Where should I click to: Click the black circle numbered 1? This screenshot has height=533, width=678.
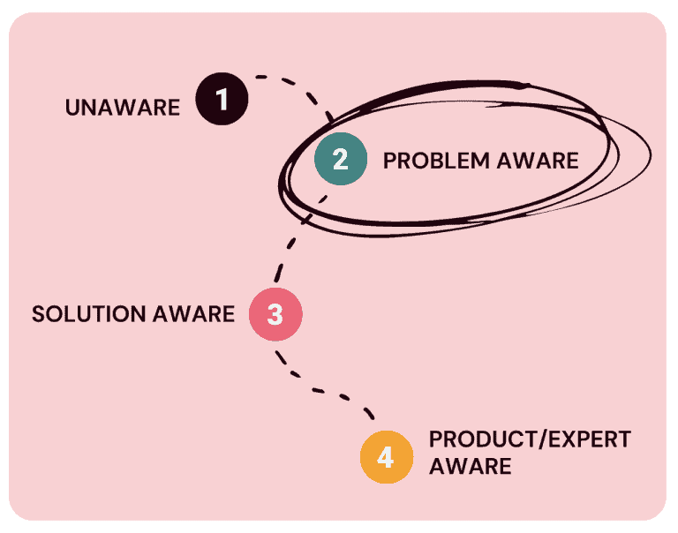coord(222,99)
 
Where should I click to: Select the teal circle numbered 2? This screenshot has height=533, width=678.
coord(341,159)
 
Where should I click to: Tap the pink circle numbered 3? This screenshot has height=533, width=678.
coord(275,314)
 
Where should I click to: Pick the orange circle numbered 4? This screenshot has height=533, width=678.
coord(387,457)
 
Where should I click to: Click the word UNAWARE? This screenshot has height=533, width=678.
coord(123,109)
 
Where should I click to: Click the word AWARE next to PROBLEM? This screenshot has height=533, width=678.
coord(535,161)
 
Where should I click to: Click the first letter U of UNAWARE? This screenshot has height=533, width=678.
coord(72,109)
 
